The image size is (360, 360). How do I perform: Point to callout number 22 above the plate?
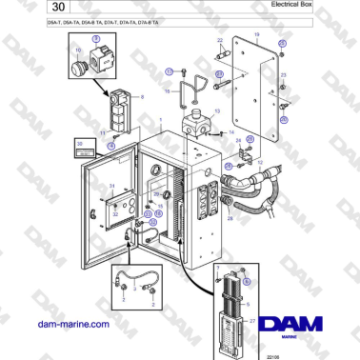click(x=219, y=41)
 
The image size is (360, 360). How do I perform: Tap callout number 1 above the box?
click(x=162, y=121)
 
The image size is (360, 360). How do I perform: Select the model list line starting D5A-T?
click(x=104, y=21)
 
